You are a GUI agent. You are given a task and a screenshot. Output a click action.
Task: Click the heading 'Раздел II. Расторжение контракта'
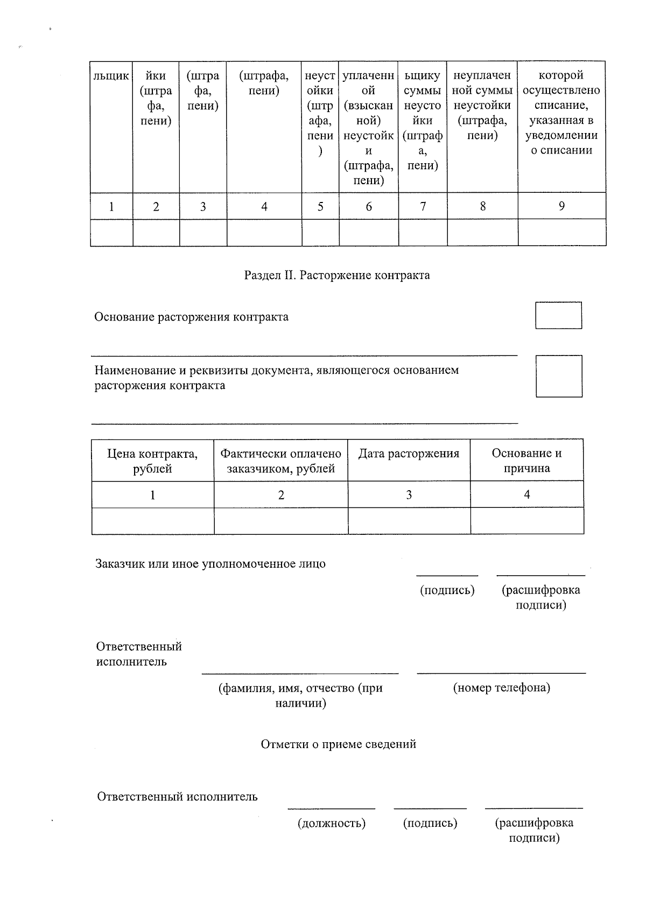tap(337, 276)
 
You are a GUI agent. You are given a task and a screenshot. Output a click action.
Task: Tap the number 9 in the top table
tap(561, 206)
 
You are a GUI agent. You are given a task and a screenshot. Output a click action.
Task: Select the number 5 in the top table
tap(320, 206)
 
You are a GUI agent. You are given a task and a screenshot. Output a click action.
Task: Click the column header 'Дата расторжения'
tap(409, 453)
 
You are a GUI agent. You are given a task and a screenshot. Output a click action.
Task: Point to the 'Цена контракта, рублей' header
tap(152, 461)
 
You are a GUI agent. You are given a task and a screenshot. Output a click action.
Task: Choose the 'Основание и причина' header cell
tap(526, 461)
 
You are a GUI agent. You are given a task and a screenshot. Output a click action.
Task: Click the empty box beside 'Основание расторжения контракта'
tap(558, 316)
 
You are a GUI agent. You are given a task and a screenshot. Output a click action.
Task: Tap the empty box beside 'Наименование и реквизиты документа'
tap(558, 376)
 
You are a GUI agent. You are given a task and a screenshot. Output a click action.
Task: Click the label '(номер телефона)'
tap(501, 688)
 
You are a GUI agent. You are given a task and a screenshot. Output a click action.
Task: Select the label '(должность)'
tap(331, 823)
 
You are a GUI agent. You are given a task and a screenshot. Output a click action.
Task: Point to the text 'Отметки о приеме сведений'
tap(338, 744)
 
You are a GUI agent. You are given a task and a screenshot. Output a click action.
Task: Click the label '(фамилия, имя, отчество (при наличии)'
tap(300, 695)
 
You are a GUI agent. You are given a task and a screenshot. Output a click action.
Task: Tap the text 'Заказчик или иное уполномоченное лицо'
tap(210, 564)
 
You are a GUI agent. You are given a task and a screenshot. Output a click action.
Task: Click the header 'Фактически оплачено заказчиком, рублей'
tap(280, 461)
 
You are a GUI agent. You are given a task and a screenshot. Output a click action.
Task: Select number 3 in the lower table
tap(409, 494)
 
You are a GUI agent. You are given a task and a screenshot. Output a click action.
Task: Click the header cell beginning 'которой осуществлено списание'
tap(561, 113)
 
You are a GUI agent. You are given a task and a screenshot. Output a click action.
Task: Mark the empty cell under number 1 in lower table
tap(152, 521)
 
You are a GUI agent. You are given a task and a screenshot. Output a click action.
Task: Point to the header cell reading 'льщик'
tap(111, 76)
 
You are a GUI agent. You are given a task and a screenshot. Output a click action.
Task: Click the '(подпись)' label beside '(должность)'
tap(430, 823)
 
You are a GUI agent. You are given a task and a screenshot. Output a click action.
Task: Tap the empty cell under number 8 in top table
tap(482, 233)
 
